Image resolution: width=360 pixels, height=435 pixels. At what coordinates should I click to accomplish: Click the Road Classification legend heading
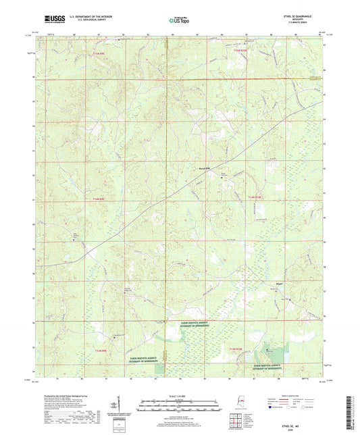tap(301, 395)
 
